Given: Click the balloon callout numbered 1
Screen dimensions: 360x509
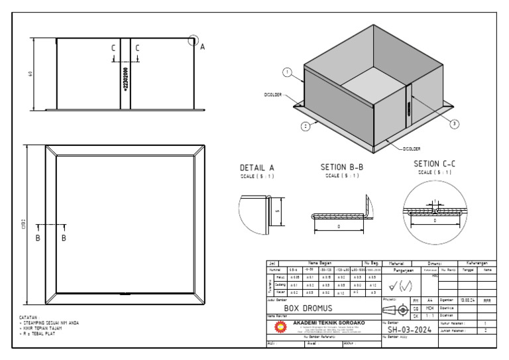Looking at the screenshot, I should coord(287,72).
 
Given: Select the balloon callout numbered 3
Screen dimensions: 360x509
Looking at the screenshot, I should coord(455,124).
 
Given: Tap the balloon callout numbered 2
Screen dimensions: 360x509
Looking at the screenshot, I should coord(306,125).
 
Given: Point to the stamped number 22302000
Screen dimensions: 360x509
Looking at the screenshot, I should coord(126,78).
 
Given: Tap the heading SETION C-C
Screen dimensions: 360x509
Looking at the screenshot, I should coord(434,164).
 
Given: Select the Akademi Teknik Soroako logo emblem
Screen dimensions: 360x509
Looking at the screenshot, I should coord(280,327).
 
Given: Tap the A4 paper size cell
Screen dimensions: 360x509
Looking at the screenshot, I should coord(429,300).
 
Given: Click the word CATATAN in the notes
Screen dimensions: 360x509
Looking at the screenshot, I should coord(29,318).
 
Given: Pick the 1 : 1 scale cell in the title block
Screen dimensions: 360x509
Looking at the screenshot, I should coord(429,316).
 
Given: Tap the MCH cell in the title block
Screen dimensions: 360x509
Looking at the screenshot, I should coord(429,308).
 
